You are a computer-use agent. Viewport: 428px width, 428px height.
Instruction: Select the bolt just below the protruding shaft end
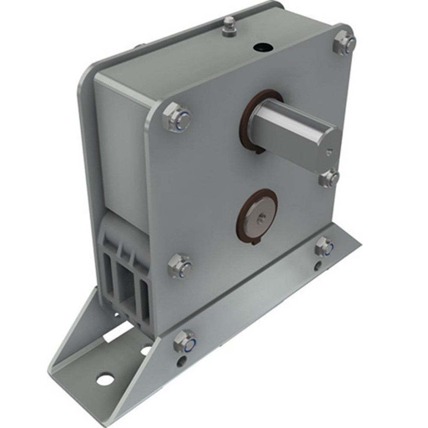click(329, 178)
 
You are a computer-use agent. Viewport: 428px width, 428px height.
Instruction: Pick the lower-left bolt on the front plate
click(180, 265)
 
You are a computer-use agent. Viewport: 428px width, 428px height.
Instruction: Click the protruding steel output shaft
click(295, 128)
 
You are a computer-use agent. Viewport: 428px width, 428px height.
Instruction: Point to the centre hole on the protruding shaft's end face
click(328, 150)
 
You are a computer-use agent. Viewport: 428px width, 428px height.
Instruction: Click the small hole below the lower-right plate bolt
click(317, 266)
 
